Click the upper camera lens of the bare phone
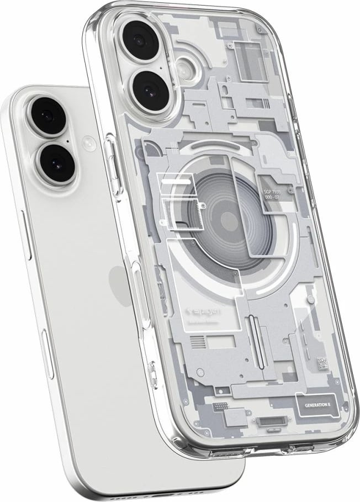[50, 113]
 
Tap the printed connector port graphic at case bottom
[269, 422]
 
